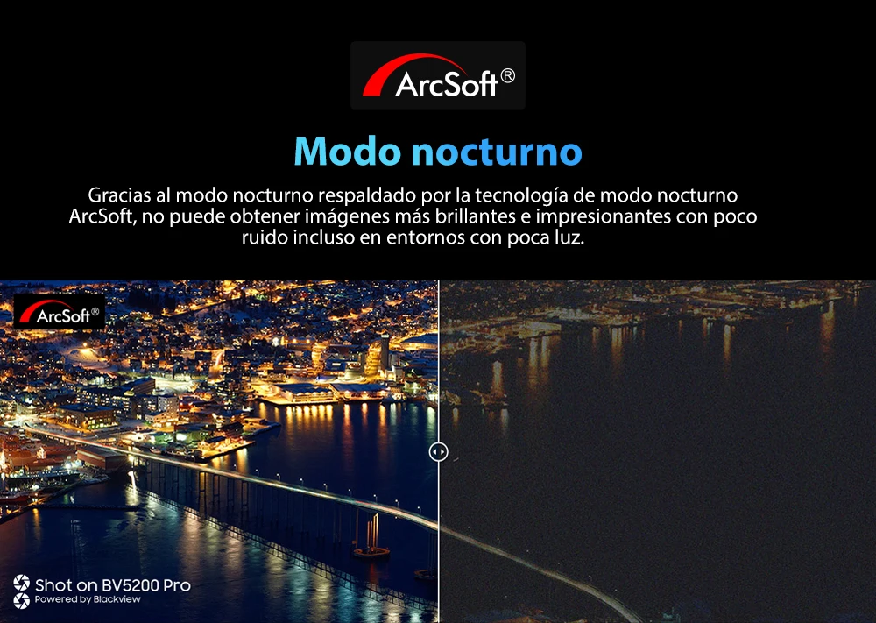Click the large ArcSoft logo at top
(438, 75)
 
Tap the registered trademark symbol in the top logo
(508, 76)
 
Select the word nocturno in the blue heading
(497, 152)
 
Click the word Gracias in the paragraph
(119, 195)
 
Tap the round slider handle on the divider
(439, 451)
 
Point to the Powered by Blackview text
(88, 599)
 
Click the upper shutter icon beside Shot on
(21, 584)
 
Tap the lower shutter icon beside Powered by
(21, 600)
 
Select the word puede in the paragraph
(199, 216)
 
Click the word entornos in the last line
(425, 237)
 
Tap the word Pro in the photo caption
(177, 585)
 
